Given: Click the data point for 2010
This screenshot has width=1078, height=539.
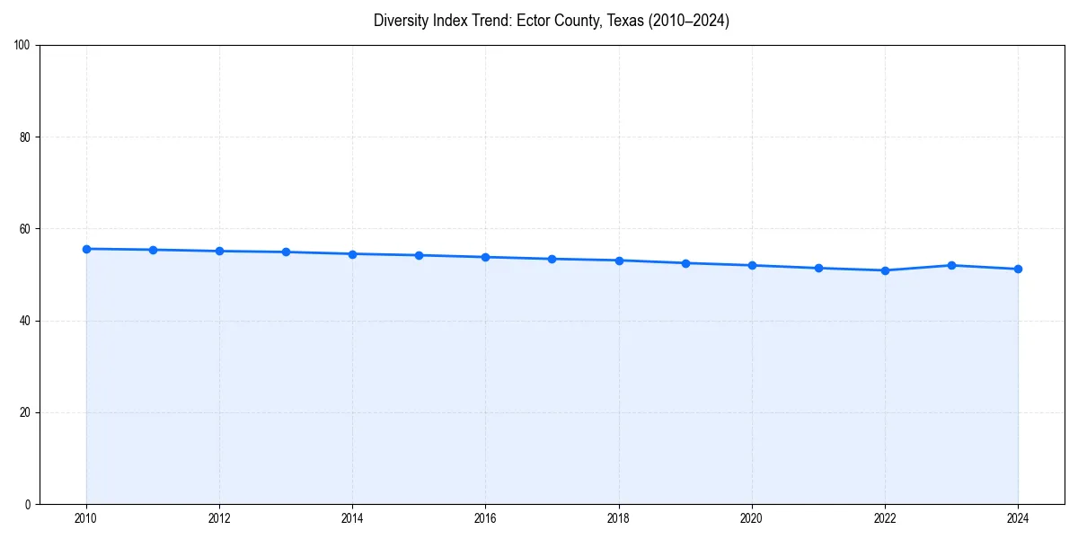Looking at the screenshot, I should pyautogui.click(x=86, y=249).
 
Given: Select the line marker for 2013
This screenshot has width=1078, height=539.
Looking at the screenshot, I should pyautogui.click(x=286, y=252).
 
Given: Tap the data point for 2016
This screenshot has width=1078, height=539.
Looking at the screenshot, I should pyautogui.click(x=485, y=257).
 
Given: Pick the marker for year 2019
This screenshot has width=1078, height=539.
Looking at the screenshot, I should pyautogui.click(x=685, y=263).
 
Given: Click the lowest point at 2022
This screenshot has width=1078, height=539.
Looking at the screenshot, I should pyautogui.click(x=885, y=270).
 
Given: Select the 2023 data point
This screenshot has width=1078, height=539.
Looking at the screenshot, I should pyautogui.click(x=951, y=265).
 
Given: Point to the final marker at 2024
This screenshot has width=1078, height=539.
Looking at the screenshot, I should pyautogui.click(x=1018, y=269).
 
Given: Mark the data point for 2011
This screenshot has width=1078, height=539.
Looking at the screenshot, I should pyautogui.click(x=153, y=250).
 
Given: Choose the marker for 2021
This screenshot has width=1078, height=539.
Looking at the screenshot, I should pyautogui.click(x=818, y=268).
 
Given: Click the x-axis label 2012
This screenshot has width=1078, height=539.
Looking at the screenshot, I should pyautogui.click(x=219, y=518).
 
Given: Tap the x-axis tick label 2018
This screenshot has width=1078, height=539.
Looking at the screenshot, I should pyautogui.click(x=618, y=518).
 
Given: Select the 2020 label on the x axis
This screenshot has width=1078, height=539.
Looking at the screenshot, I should pyautogui.click(x=752, y=518).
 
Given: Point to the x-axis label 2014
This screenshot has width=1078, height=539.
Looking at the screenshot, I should pyautogui.click(x=352, y=518).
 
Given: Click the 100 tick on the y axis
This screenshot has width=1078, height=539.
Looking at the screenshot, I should pyautogui.click(x=22, y=46).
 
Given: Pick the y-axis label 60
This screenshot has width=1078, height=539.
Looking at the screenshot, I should pyautogui.click(x=25, y=229).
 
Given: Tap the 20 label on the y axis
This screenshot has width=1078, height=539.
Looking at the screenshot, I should pyautogui.click(x=25, y=412).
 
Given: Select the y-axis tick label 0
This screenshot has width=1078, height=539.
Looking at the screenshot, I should pyautogui.click(x=28, y=504).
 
